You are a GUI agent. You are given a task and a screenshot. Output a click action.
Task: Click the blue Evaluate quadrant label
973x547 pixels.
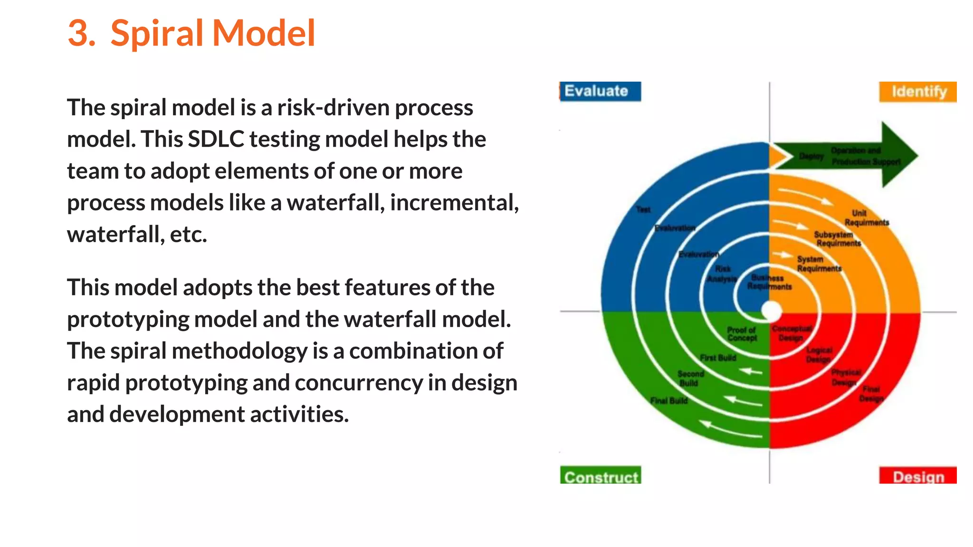coord(600,91)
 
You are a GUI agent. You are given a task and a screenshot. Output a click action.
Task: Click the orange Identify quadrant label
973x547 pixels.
coord(917,92)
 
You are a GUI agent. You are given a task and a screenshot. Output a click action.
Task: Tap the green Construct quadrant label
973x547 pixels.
coord(601,476)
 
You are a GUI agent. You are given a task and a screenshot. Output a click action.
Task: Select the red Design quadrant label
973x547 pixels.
coord(917,476)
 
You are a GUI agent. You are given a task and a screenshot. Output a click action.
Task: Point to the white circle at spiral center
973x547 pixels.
coord(771,311)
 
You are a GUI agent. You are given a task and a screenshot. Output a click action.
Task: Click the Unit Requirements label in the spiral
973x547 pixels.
coord(866,218)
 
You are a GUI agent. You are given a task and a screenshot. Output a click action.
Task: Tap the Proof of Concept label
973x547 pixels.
coord(742,334)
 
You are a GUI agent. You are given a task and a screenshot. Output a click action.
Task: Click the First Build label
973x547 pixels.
coord(718,358)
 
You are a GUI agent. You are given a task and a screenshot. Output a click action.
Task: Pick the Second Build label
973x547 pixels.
coord(690,378)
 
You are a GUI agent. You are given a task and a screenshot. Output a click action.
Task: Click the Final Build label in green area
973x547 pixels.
coord(669,401)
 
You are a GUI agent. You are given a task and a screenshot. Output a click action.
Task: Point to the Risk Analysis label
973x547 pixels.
coord(722,274)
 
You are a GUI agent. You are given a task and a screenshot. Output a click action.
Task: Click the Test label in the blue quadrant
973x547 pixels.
coord(643,209)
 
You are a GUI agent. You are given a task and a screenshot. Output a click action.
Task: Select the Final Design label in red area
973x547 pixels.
coord(871,394)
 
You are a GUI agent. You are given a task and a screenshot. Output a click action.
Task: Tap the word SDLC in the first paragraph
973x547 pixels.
coord(216,140)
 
